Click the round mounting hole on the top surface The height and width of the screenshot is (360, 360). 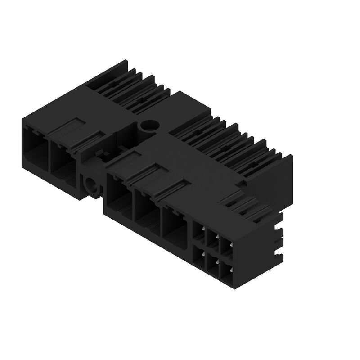(147, 126)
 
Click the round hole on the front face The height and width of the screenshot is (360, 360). (91, 185)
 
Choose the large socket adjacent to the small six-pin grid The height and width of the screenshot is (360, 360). (175, 225)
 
